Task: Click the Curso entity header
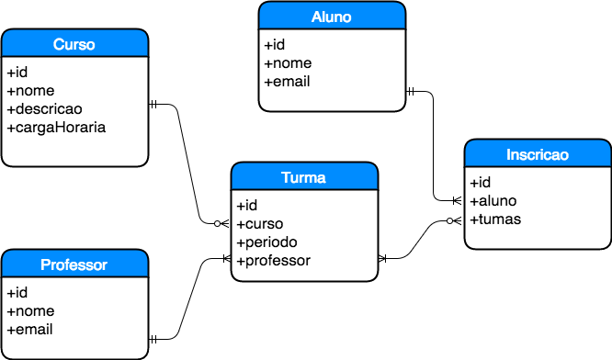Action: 74,44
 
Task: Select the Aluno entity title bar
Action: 332,17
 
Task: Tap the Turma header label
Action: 304,178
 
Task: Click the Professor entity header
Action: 74,264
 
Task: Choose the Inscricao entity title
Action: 538,154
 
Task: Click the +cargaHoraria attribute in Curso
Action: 56,127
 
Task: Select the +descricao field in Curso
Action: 44,108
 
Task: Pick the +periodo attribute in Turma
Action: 266,242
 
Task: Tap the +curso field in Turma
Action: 260,224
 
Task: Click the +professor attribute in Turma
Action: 273,261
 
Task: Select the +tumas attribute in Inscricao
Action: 495,219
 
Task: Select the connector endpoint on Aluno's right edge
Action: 412,91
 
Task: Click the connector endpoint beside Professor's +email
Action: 154,339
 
